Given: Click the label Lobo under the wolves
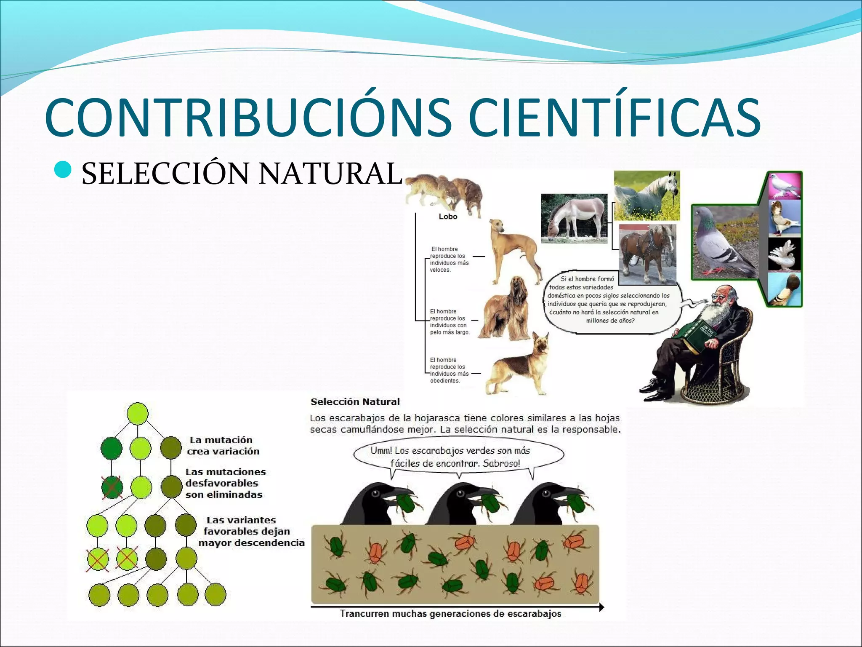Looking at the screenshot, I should point(447,217).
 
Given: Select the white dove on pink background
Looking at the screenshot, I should point(784,185).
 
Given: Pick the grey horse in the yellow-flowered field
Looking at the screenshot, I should point(646,195).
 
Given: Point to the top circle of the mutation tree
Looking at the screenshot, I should point(138,413).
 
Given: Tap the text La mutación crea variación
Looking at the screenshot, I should point(223,446).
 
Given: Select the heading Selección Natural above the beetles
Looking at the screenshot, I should point(355,402).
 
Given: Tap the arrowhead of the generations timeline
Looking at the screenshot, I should point(601,607).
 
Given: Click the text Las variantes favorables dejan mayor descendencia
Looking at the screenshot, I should point(251,532).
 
